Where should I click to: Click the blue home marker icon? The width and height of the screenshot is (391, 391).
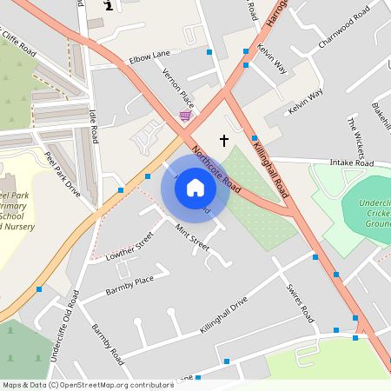(195, 188)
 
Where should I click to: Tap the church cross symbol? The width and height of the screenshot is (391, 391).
(223, 140)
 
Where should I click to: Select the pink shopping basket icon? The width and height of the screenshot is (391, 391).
(185, 116)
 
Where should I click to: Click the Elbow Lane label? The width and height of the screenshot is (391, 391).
(149, 56)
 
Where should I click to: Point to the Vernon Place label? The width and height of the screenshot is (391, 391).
(178, 91)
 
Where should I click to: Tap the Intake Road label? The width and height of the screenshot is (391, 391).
(351, 162)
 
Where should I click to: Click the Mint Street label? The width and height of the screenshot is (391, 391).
(192, 235)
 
